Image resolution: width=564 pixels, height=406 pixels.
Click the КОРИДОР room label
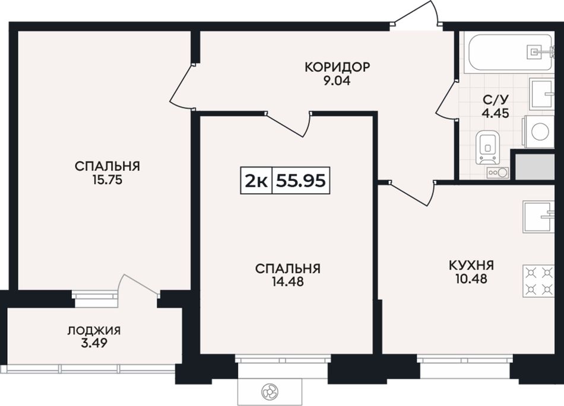coord(337,67)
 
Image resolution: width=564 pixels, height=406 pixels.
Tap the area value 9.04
coord(337,81)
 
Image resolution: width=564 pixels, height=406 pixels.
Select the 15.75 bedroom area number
coord(107,180)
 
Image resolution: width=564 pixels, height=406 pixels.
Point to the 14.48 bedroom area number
coord(288,282)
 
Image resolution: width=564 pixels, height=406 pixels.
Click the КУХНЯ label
coord(471,266)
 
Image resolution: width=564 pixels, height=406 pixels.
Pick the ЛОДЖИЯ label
coord(94,331)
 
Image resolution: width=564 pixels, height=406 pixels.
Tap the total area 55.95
coord(301,181)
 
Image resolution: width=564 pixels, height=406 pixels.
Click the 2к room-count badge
coord(256,181)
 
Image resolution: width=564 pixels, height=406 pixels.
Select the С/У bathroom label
coord(496,100)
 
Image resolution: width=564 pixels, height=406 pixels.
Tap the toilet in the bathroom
coord(488,147)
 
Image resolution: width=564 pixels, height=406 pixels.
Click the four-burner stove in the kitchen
coord(538,281)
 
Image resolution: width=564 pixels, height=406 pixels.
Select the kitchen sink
coord(538,216)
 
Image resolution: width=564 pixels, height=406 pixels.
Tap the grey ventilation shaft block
coord(534,167)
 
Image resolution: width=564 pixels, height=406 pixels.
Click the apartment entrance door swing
coord(417,14)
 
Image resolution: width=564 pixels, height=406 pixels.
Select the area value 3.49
coord(94,344)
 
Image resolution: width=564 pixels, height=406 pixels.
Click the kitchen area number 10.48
coord(471,279)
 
